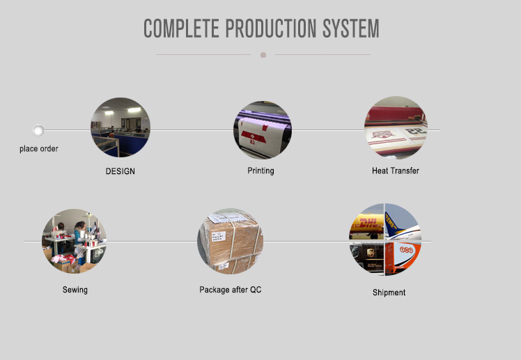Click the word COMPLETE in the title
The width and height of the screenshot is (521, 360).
[181, 29]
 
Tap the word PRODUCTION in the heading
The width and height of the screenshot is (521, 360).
[271, 29]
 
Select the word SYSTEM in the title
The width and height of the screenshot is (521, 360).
[351, 29]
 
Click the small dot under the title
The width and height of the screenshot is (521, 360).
[263, 55]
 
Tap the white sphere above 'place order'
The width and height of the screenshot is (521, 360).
[38, 130]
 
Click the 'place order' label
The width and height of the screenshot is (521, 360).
[39, 149]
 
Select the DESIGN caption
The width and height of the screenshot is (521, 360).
[120, 171]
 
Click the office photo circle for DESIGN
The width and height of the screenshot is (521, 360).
[120, 127]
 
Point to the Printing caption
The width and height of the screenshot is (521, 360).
[260, 171]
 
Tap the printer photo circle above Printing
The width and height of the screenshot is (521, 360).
[263, 130]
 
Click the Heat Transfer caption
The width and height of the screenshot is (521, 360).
[396, 171]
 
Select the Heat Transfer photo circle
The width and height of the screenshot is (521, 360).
[396, 127]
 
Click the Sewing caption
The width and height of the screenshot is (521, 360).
[75, 290]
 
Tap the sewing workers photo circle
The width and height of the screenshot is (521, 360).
[74, 242]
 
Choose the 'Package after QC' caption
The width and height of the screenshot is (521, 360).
[231, 290]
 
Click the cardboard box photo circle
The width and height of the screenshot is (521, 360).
[231, 242]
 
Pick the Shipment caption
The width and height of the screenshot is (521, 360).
[389, 292]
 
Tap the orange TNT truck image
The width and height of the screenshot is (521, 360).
[402, 258]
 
